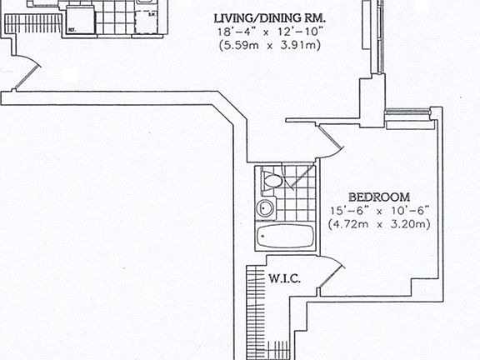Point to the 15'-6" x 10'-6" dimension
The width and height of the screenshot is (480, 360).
pos(378,211)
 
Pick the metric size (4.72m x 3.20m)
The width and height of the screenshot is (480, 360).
pos(378,223)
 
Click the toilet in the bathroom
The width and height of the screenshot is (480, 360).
pos(272,179)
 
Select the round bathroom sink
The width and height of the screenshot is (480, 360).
pos(266,209)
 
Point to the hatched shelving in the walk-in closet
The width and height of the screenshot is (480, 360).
pos(255,308)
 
